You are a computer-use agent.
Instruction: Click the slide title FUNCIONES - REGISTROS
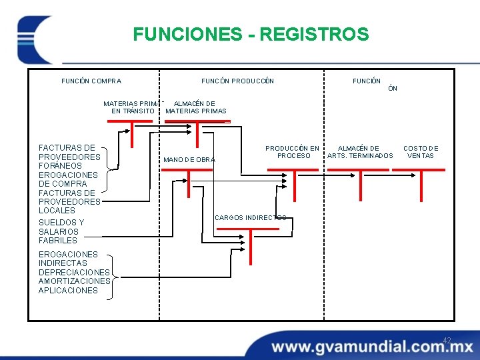coord(250,34)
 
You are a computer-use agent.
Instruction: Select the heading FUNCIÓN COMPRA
coord(91,81)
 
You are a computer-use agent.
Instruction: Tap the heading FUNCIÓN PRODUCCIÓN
coord(237,81)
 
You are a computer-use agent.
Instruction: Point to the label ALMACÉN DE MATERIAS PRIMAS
coord(195,107)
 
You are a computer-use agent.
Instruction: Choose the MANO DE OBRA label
coord(189,160)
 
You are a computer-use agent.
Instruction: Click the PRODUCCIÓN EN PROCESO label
coord(292,152)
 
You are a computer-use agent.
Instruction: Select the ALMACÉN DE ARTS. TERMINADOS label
coord(360,152)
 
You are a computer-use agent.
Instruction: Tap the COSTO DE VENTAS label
coord(421,152)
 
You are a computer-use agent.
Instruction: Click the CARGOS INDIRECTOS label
coord(250,218)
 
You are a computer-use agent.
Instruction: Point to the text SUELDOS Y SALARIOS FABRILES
coord(61,231)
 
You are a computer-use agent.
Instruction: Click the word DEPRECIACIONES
coord(74,272)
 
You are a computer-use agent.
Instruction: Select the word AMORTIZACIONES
coord(74,281)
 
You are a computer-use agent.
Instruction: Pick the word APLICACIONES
coord(68,290)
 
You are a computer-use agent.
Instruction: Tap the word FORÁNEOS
coord(59,166)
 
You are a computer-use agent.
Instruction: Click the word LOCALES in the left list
coord(57,211)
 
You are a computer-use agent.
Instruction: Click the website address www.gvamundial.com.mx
coord(372,347)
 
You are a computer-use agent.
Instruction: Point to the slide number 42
coord(447,341)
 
